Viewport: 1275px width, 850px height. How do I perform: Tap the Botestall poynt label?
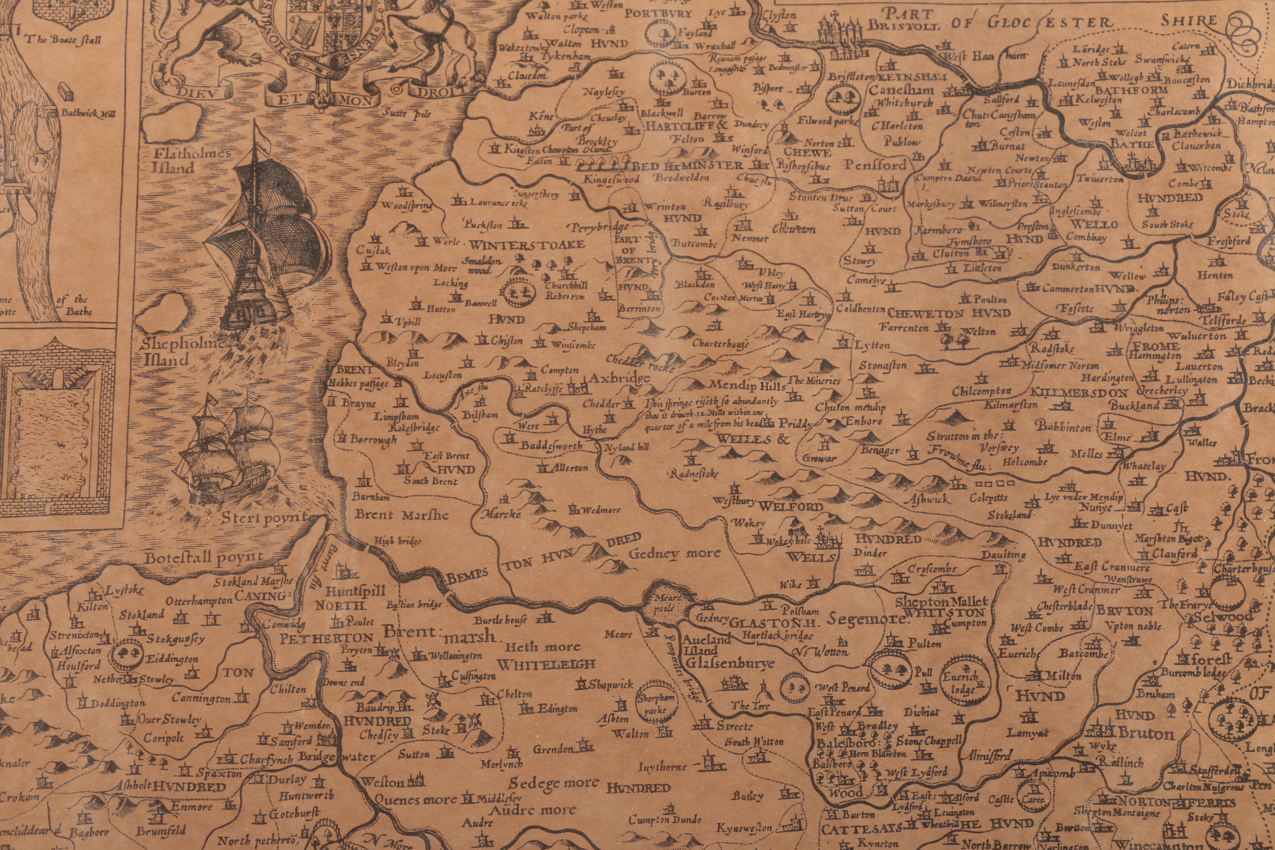pyautogui.click(x=205, y=557)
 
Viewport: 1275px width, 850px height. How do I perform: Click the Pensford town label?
pyautogui.click(x=875, y=165)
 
